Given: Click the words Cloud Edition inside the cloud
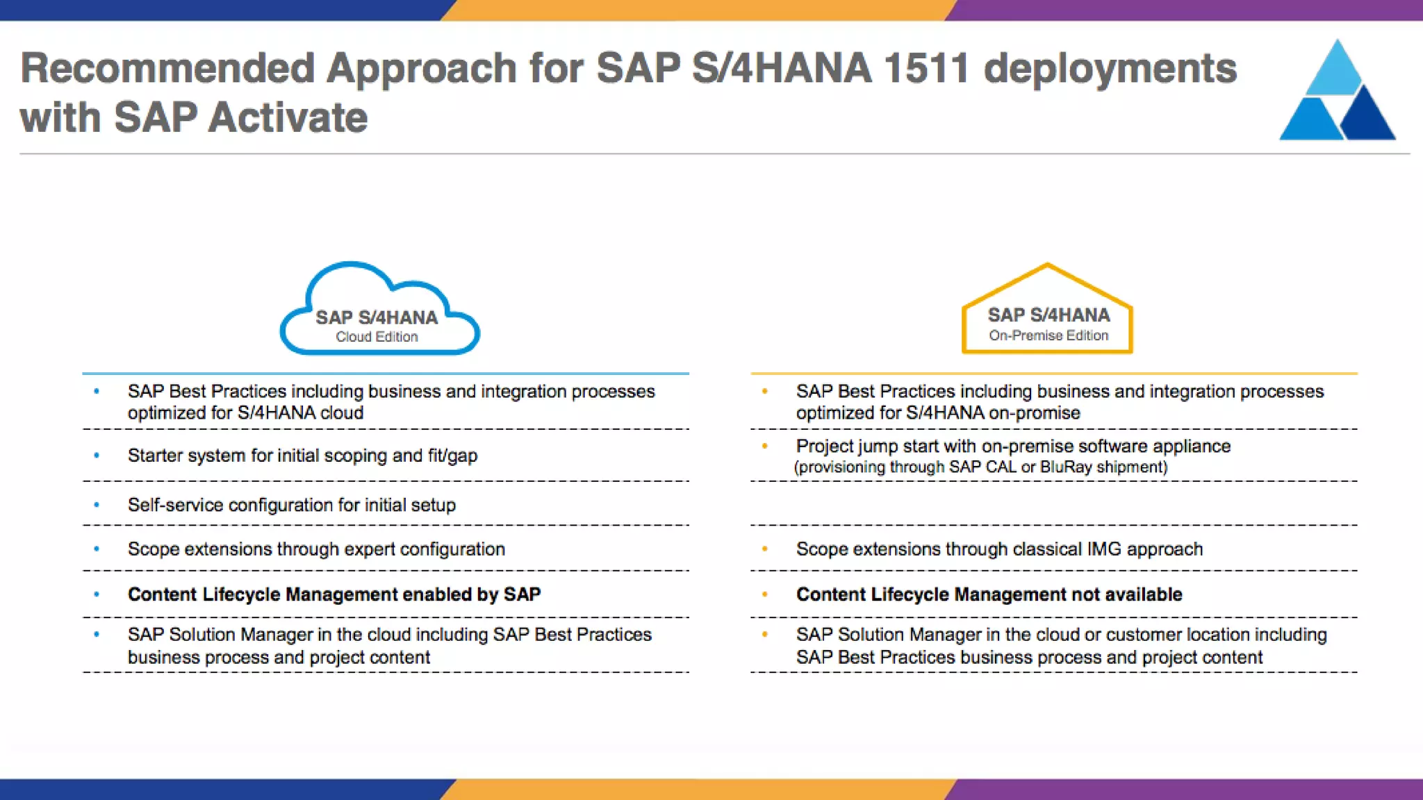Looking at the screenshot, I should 377,337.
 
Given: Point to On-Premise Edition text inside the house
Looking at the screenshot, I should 1048,335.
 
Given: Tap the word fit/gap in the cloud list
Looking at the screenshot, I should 452,456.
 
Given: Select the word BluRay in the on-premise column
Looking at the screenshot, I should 1066,467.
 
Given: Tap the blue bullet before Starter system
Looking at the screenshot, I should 97,456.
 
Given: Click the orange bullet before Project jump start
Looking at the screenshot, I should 765,446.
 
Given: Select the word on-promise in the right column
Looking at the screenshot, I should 1034,413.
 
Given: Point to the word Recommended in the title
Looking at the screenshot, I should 167,68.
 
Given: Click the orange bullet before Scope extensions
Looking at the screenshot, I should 765,549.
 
